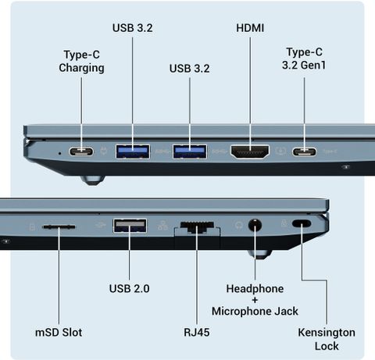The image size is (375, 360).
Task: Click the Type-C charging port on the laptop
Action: pyautogui.click(x=81, y=151)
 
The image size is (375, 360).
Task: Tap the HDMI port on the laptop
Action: pyautogui.click(x=250, y=151)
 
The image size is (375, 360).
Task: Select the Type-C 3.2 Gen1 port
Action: pyautogui.click(x=304, y=151)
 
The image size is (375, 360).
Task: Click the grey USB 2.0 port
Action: pyautogui.click(x=130, y=226)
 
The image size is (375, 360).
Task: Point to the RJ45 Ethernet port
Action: pyautogui.click(x=197, y=226)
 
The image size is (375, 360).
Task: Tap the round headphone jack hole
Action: pyautogui.click(x=255, y=225)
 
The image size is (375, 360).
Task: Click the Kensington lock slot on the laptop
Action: pyautogui.click(x=302, y=223)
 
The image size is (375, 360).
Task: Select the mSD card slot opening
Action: pyautogui.click(x=59, y=227)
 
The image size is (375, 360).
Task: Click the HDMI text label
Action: pyautogui.click(x=250, y=28)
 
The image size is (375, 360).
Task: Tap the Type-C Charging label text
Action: pyautogui.click(x=81, y=61)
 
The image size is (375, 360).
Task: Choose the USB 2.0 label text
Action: pyautogui.click(x=129, y=288)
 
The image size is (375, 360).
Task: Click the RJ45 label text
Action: pyautogui.click(x=197, y=333)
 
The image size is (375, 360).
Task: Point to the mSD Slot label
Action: pyautogui.click(x=59, y=333)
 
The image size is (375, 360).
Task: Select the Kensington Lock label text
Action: pyautogui.click(x=327, y=339)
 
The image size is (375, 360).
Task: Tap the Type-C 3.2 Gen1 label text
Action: pyautogui.click(x=304, y=59)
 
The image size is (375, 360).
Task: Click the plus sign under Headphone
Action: pyautogui.click(x=255, y=300)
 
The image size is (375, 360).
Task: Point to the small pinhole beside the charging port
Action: pyautogui.click(x=60, y=153)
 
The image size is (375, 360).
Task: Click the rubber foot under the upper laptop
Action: pyautogui.click(x=92, y=180)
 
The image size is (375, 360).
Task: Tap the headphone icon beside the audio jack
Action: pyautogui.click(x=238, y=225)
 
